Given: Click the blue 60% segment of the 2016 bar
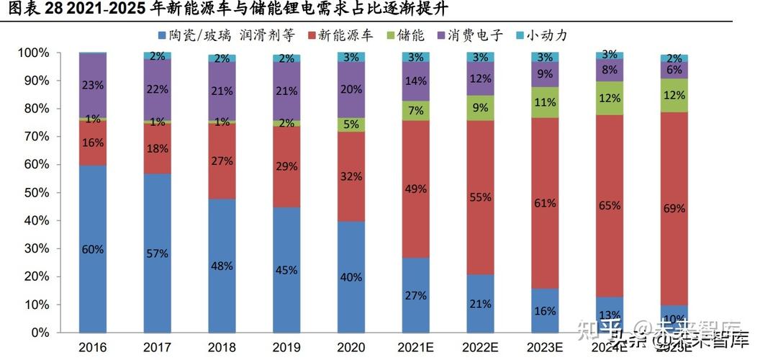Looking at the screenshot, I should (x=93, y=249).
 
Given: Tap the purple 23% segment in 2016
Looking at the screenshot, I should (x=93, y=85).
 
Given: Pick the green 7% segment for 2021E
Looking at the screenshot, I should (x=416, y=111).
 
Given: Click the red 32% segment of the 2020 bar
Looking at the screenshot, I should (x=351, y=176).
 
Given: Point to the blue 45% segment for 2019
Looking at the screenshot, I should (x=286, y=270).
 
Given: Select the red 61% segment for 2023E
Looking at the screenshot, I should (x=545, y=203).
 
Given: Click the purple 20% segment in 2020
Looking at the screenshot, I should (x=351, y=89).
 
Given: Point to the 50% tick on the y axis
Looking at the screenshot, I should (x=34, y=193).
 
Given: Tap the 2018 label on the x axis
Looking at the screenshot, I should (x=222, y=347).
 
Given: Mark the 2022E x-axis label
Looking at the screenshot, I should (x=480, y=347).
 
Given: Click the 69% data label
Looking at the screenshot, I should (x=674, y=208).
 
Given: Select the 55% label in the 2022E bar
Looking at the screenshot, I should (x=480, y=196).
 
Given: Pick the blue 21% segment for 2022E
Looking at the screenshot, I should (x=480, y=304).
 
